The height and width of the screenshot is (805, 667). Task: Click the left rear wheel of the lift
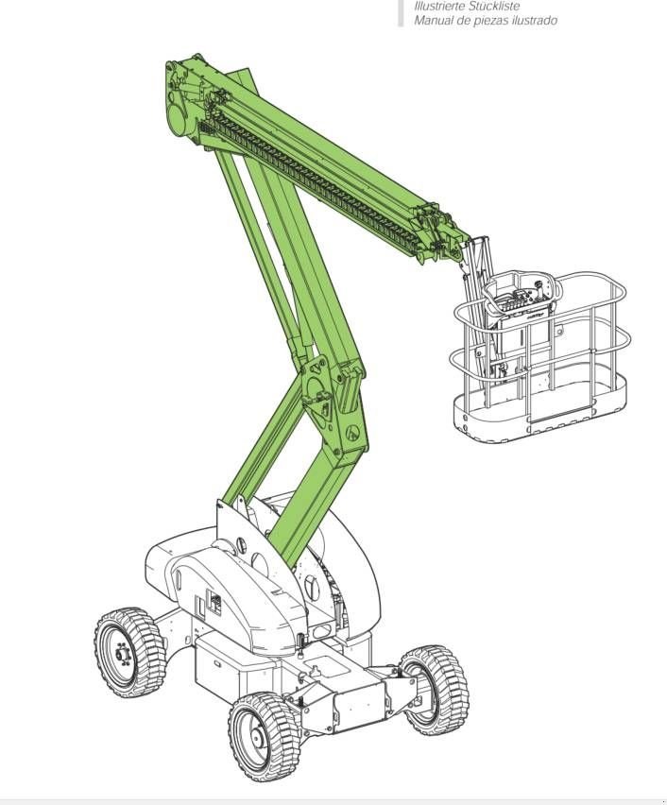coord(129,652)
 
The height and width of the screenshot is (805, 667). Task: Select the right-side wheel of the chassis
coord(434,689)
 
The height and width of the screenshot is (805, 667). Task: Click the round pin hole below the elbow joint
coord(352,433)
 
